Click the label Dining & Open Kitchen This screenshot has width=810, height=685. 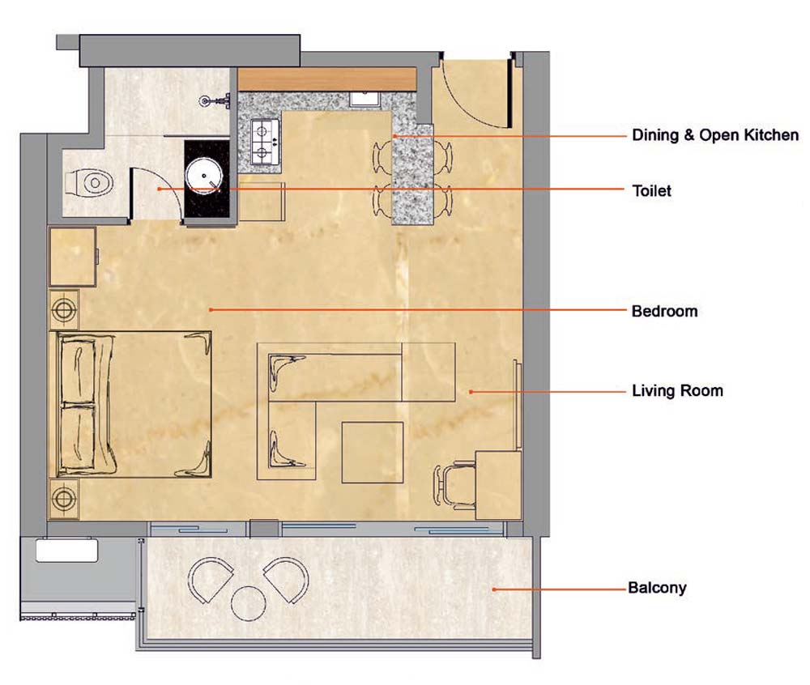715,135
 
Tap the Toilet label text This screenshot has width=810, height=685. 652,191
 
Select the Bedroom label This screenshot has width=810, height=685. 665,311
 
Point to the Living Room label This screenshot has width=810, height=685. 677,391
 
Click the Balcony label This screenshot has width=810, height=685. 657,588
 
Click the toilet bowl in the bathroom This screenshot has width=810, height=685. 89,183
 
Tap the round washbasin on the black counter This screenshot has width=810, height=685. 204,176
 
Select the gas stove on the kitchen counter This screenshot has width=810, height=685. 265,142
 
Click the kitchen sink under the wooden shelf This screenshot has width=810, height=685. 366,99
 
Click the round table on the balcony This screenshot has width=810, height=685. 249,603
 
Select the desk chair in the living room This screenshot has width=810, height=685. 454,485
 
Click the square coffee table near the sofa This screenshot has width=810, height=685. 373,452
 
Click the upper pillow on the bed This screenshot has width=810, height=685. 78,370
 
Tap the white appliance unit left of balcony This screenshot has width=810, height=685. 66,551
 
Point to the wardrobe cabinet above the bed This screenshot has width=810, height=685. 73,257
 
